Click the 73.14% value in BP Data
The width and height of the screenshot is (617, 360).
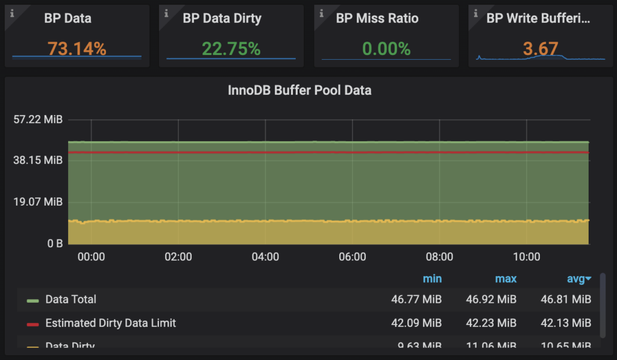click(x=77, y=49)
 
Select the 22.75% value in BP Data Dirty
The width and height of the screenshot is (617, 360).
click(x=231, y=49)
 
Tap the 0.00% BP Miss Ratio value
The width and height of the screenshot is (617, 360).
click(x=386, y=49)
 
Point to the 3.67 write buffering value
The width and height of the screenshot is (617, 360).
click(x=540, y=49)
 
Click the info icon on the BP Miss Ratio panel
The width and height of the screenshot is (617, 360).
click(x=322, y=13)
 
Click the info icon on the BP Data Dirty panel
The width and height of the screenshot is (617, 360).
click(x=167, y=13)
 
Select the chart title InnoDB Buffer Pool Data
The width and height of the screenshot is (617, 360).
click(x=299, y=90)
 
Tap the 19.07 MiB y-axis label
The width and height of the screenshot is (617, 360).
click(x=37, y=202)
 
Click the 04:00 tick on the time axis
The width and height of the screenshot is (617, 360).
click(x=265, y=257)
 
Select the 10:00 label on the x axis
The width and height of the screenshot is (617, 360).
click(x=527, y=257)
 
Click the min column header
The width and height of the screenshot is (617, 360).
click(x=432, y=279)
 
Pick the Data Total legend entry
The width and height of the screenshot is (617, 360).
click(x=70, y=299)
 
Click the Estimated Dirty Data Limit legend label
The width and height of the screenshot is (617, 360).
click(x=110, y=323)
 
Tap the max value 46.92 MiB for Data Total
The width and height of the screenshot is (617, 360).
click(x=491, y=299)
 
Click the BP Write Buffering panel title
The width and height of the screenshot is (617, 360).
click(x=538, y=18)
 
